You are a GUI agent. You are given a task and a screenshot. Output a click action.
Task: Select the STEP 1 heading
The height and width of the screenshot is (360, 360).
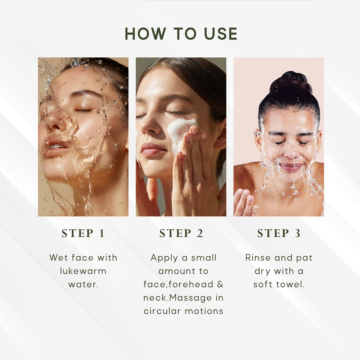[x=83, y=233]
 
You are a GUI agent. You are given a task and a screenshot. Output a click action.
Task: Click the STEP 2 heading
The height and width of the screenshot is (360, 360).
[x=181, y=233]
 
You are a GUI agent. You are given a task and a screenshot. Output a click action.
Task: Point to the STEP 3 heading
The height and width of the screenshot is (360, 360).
[x=279, y=233]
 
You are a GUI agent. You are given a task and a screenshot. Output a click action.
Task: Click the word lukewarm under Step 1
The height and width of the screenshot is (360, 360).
[x=83, y=271]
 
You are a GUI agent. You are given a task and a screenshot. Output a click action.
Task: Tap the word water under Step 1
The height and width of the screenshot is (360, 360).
[x=83, y=284]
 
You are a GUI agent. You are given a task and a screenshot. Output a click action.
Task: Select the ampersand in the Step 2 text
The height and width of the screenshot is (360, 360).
[x=220, y=284]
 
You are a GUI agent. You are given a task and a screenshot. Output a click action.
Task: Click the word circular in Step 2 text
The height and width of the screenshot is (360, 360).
[x=162, y=311]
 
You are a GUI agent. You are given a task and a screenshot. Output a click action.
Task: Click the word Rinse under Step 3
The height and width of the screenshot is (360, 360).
[x=258, y=258]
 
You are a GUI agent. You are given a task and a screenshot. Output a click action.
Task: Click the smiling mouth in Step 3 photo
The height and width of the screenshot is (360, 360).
[x=291, y=167]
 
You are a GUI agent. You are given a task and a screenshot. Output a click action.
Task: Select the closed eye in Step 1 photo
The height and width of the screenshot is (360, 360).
[x=83, y=111]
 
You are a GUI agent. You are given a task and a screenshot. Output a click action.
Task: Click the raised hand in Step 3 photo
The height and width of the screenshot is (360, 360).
[x=246, y=202]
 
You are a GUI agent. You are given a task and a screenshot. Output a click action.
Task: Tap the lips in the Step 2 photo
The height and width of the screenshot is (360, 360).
[x=153, y=149]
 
